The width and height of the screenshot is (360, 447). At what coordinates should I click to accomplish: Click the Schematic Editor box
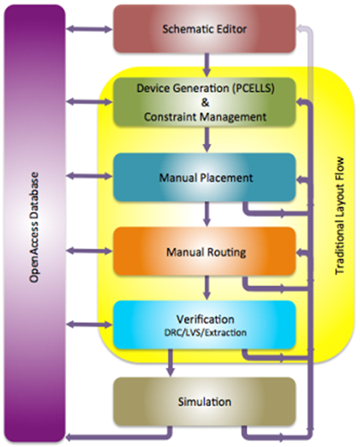205,29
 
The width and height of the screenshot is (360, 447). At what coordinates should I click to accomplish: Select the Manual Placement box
205,177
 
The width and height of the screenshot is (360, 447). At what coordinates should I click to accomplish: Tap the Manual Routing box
205,251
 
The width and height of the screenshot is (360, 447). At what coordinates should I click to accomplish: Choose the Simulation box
205,401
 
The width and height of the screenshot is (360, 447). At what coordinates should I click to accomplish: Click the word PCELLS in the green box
253,88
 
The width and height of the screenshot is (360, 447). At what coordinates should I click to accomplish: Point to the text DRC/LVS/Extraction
205,332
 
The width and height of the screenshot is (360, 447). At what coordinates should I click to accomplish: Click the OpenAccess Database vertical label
34,228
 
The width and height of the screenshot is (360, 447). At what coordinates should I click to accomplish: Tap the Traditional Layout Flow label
339,216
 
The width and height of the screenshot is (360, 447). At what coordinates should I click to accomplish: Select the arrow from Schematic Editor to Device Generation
207,65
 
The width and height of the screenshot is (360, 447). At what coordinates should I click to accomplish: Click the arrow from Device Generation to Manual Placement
207,139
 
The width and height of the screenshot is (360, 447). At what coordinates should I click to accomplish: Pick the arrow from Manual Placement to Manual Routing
207,214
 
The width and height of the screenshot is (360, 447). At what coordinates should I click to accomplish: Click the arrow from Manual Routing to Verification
207,288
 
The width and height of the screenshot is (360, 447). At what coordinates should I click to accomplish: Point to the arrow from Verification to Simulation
170,363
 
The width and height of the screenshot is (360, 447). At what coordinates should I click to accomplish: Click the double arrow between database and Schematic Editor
89,29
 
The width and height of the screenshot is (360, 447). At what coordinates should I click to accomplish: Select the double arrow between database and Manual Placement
89,176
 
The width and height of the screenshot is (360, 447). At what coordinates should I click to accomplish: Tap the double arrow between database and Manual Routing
89,251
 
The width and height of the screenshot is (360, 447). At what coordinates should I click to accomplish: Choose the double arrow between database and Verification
89,324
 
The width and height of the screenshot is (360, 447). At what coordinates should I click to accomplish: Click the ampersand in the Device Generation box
205,102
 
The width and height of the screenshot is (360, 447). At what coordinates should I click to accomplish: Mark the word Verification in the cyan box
205,319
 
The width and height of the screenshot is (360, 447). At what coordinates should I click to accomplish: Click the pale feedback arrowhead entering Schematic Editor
300,28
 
